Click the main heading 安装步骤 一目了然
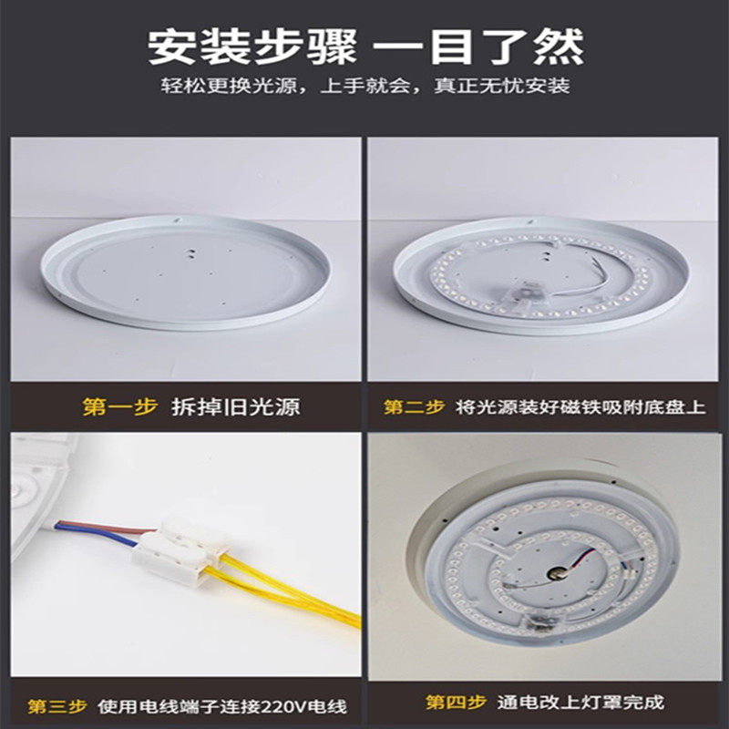(365, 47)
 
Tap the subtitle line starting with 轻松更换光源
(365, 86)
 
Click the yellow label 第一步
(120, 406)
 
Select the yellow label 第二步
(414, 406)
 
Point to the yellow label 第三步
(57, 706)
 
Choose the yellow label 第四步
(457, 702)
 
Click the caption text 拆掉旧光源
(236, 406)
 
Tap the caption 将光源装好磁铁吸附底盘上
(580, 406)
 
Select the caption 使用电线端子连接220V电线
(222, 706)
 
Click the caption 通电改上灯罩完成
(580, 702)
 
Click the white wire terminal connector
(181, 549)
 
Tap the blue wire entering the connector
(96, 535)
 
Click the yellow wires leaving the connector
(283, 590)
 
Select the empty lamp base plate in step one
(186, 272)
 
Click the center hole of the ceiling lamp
(557, 573)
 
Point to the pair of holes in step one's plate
(190, 253)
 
